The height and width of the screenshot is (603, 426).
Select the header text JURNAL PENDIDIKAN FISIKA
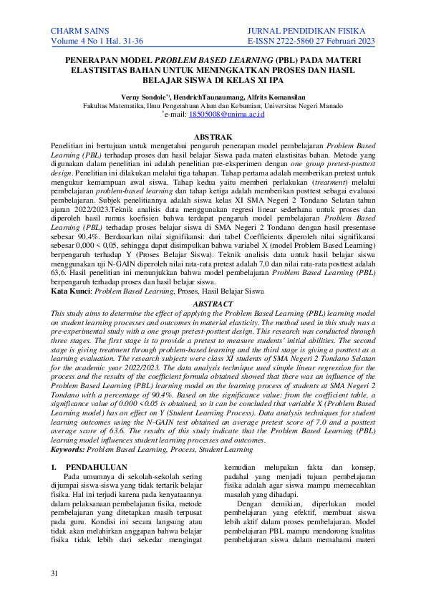coord(310,32)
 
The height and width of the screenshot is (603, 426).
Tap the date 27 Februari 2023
coord(349,43)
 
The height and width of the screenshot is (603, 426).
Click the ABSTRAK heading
coord(213,136)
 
